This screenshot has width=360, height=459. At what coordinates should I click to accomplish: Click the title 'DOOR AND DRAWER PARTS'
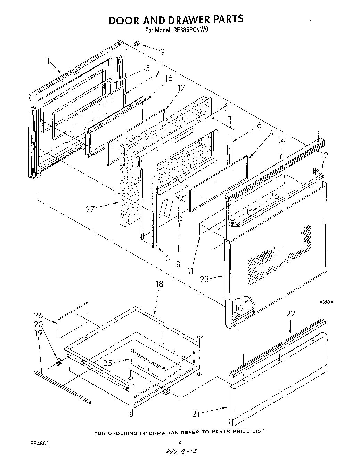(176, 20)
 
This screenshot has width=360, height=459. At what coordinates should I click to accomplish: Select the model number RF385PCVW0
(189, 30)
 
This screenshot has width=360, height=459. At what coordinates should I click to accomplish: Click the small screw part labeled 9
(137, 43)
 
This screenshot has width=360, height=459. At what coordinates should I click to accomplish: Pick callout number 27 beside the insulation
(90, 210)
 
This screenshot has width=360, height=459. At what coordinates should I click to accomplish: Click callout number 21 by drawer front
(197, 413)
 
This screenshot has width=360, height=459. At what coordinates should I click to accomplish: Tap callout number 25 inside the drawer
(108, 363)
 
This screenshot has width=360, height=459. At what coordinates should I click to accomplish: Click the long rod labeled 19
(63, 387)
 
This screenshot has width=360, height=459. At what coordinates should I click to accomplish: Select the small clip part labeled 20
(58, 362)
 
